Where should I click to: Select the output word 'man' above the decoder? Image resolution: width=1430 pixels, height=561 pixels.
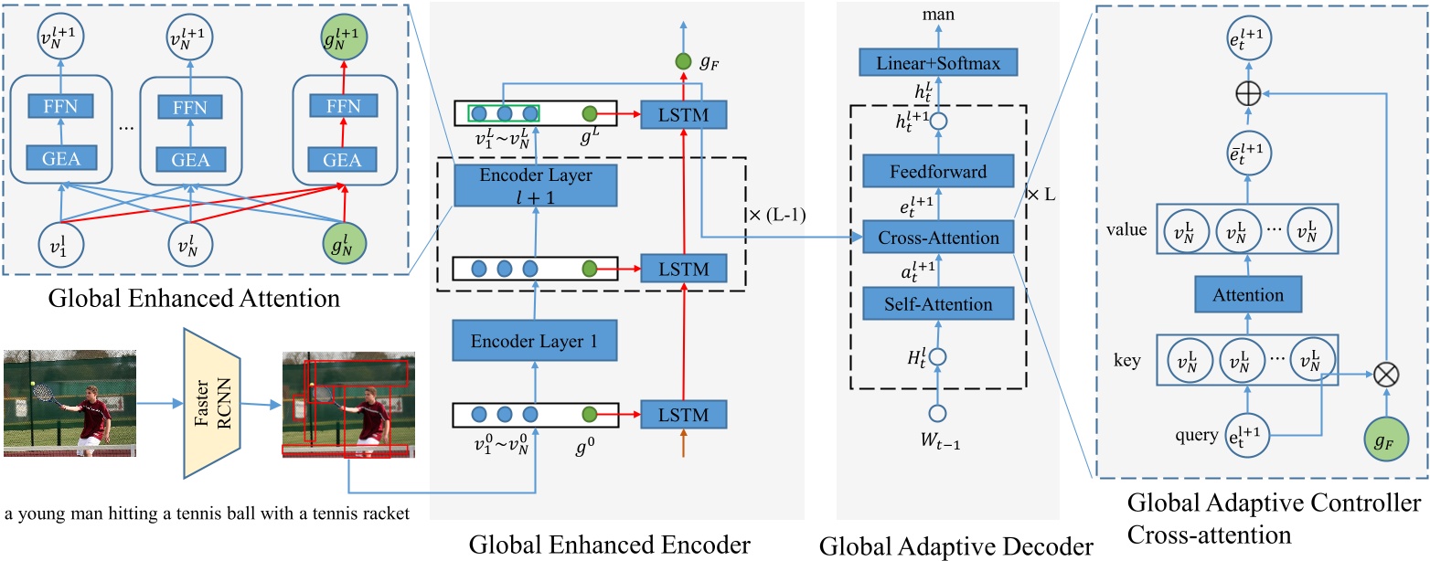coord(935,13)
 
